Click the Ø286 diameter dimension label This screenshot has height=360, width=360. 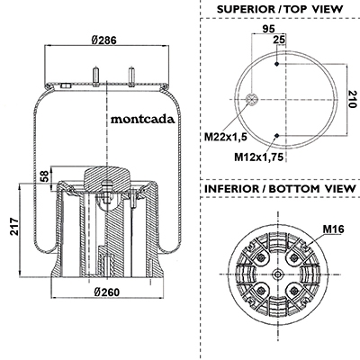click(103, 40)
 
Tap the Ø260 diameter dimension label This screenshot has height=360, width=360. click(106, 292)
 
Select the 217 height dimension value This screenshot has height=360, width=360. click(14, 227)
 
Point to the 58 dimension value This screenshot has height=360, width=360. click(44, 176)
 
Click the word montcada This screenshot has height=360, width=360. click(142, 120)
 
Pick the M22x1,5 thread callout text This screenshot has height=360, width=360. click(226, 137)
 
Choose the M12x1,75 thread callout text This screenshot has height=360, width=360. click(258, 157)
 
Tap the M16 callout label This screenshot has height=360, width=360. click(333, 229)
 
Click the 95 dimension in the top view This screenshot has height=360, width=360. click(268, 29)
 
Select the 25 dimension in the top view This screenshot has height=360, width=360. click(279, 40)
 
